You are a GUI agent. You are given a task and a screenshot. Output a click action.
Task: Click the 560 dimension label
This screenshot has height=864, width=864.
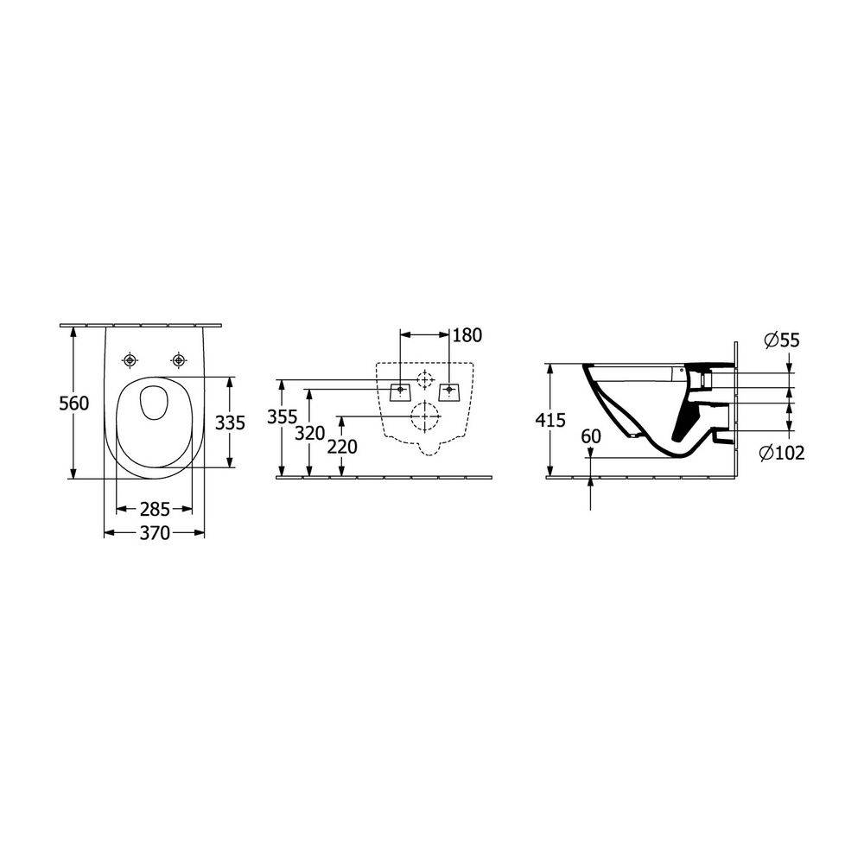click(73, 403)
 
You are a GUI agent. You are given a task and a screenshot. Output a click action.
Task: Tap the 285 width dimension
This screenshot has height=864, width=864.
click(154, 509)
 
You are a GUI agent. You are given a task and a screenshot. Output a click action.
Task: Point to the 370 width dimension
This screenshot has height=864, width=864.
click(154, 534)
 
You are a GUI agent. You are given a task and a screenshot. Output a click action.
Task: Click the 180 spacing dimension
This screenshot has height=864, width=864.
click(467, 334)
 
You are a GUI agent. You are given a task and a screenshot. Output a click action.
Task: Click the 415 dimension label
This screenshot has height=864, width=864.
click(550, 421)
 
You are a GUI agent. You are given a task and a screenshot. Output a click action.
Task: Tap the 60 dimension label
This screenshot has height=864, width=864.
click(591, 437)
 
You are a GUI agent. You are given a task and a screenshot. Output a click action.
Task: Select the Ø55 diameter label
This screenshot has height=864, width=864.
click(781, 341)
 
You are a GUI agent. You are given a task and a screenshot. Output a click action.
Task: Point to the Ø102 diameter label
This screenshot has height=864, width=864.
click(783, 453)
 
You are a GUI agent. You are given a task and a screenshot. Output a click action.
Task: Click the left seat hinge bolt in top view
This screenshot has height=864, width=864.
click(130, 359)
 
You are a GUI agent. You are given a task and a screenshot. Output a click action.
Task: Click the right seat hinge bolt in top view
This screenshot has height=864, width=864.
click(179, 359)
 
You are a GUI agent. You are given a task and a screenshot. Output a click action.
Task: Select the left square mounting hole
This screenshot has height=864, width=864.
click(400, 391)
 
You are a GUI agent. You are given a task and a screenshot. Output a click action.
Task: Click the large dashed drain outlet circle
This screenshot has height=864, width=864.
click(423, 416)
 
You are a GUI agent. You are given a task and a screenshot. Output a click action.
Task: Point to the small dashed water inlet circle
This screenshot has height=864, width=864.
click(423, 378)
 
